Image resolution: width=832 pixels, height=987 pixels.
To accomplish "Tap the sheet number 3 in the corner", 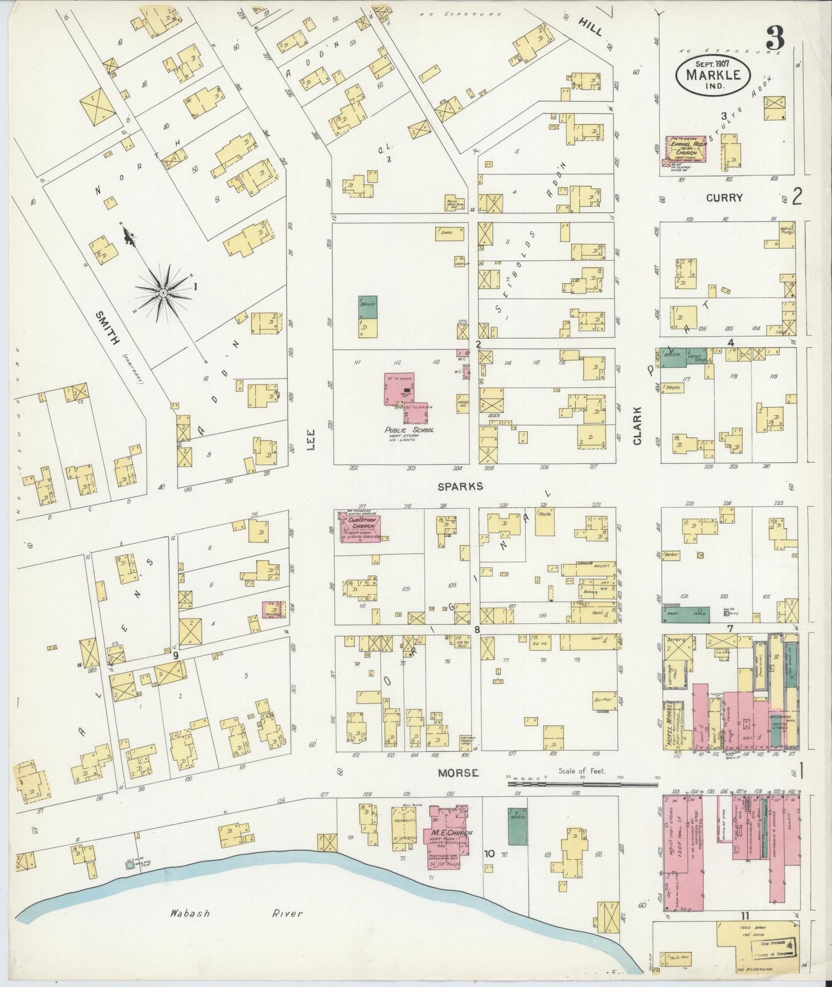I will [x=775, y=39].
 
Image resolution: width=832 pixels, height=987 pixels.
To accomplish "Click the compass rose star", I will [x=164, y=293].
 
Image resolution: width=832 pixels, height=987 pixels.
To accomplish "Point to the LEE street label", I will [x=311, y=441].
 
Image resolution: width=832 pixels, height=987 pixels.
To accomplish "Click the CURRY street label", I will [x=724, y=198].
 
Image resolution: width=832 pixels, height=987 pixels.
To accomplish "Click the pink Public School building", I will [x=404, y=394].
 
